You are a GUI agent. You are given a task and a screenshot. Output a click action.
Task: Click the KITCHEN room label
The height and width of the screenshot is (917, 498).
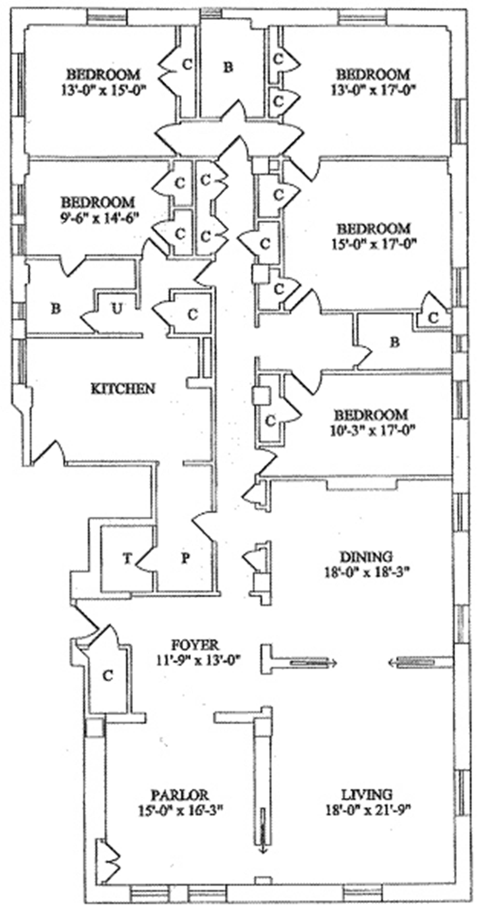click(123, 388)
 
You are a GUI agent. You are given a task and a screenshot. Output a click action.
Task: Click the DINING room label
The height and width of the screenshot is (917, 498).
click(366, 556)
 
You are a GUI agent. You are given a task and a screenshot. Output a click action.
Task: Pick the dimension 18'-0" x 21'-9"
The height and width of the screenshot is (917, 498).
click(368, 811)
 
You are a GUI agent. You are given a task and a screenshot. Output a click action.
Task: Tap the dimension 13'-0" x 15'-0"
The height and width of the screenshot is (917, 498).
click(103, 90)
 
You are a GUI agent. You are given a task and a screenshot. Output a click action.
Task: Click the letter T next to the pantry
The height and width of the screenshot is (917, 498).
click(127, 559)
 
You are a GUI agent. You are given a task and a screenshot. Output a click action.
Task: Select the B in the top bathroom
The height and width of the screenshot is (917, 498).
click(228, 67)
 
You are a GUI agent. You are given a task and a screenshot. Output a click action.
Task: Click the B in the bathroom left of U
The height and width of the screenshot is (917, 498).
click(56, 308)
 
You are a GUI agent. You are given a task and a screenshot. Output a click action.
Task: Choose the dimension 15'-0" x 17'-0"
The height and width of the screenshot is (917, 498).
click(374, 244)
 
